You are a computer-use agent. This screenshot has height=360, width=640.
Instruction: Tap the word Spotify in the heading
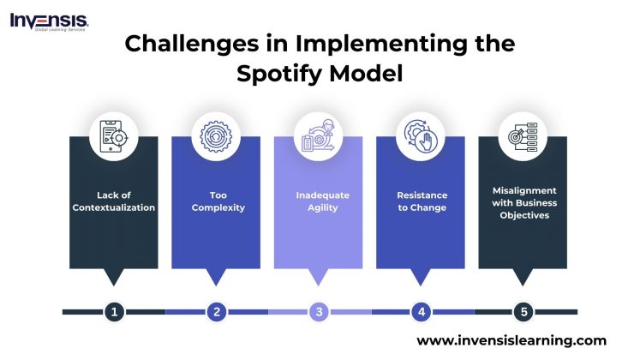(282, 74)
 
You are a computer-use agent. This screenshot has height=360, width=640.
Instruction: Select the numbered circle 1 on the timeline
(114, 312)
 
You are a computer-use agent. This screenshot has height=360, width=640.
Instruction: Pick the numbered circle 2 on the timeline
(216, 312)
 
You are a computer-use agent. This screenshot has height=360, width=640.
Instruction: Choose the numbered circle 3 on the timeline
(319, 312)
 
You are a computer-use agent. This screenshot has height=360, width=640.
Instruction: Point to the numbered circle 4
(421, 312)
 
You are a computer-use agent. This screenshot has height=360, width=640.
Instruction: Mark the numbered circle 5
(523, 312)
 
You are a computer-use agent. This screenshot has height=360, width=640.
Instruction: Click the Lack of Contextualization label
(114, 201)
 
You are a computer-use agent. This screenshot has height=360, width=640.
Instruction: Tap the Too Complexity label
(216, 201)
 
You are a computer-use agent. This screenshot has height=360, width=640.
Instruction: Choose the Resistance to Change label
(422, 201)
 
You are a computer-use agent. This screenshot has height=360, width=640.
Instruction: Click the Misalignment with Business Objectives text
(523, 203)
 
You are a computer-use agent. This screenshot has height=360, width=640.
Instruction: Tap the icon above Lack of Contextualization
(114, 136)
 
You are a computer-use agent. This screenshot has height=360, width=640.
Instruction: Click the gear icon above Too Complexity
(216, 136)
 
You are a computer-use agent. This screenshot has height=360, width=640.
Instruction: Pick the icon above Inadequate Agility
(319, 136)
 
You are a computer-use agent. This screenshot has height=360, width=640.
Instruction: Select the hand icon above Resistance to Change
(421, 136)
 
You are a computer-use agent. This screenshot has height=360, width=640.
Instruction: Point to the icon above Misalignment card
(523, 136)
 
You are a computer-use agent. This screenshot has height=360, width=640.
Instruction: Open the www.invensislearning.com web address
(511, 340)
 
